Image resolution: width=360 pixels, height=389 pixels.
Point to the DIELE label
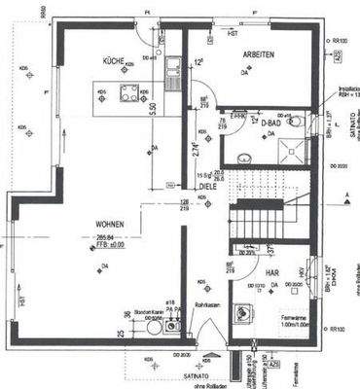coord(207,186)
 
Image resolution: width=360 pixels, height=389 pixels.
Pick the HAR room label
coord(272,274)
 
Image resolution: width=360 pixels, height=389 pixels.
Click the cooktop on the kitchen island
coord(129,93)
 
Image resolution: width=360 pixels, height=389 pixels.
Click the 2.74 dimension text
coord(197,152)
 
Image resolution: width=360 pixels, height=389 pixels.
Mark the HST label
coord(233,33)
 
